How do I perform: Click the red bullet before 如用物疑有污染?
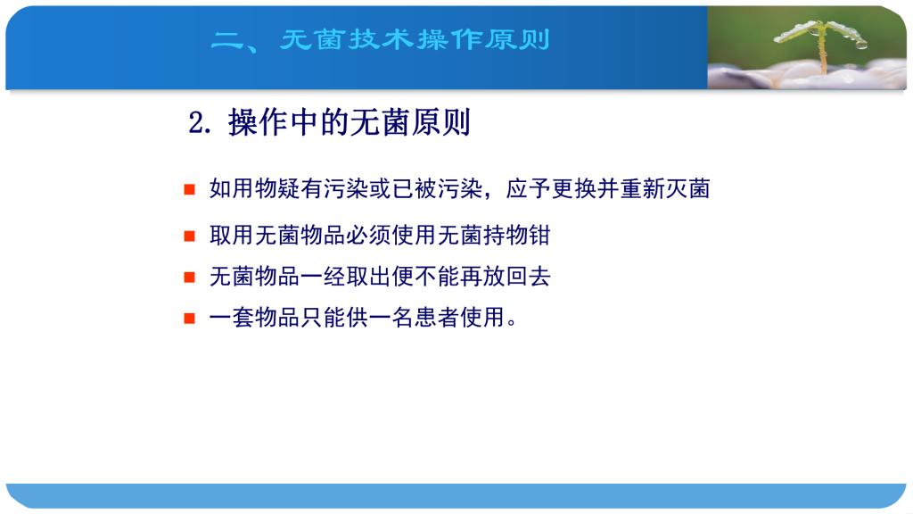pos(189,189)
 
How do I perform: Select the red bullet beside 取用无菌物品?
pos(189,236)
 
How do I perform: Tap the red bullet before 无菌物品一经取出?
pos(189,277)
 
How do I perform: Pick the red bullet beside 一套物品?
pos(189,319)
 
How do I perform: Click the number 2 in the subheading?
pos(196,123)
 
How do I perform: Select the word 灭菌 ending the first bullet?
pos(687,189)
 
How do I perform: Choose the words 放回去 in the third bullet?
pos(517,277)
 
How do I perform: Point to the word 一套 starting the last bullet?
pos(232,318)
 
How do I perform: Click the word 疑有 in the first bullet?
pos(300,189)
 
